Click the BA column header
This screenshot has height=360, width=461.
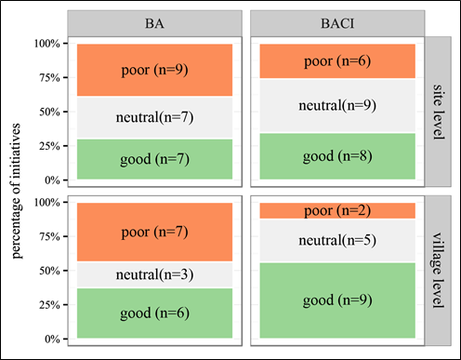tap(154, 21)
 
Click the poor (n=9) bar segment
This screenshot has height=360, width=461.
tap(154, 70)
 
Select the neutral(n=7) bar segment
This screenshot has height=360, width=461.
tap(154, 117)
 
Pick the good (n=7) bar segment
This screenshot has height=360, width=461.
tap(154, 159)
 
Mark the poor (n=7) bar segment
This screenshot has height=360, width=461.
tap(154, 232)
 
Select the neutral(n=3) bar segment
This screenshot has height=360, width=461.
tap(154, 274)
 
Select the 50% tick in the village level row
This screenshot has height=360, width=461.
tap(48, 271)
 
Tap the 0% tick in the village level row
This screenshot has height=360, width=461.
tap(51, 339)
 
